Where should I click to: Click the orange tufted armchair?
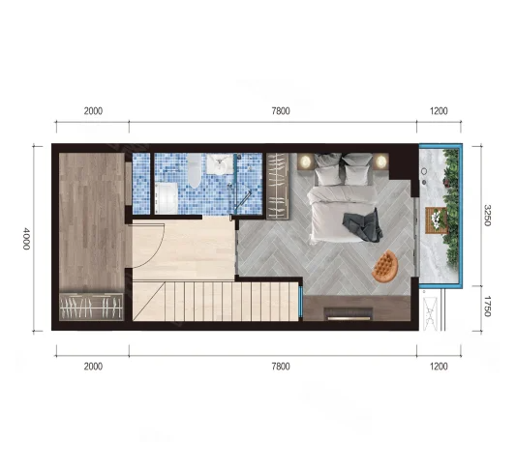(385, 266)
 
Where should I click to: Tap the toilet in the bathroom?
(195, 170)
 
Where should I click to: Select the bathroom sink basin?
(220, 163)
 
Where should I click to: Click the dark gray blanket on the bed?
(362, 225)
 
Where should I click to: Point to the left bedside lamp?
(306, 161)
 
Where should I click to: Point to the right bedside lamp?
(381, 161)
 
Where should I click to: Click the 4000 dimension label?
(26, 238)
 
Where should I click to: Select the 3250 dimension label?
(487, 216)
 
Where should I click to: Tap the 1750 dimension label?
(487, 307)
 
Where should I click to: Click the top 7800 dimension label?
(281, 111)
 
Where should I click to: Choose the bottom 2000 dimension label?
(93, 366)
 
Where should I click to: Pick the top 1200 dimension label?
(439, 111)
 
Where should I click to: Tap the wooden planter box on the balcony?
(437, 220)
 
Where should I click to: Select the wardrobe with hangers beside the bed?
(278, 186)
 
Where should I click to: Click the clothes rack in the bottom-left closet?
(91, 307)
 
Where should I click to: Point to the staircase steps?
(216, 302)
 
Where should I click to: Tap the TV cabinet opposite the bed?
(356, 308)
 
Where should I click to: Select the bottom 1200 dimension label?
(439, 366)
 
